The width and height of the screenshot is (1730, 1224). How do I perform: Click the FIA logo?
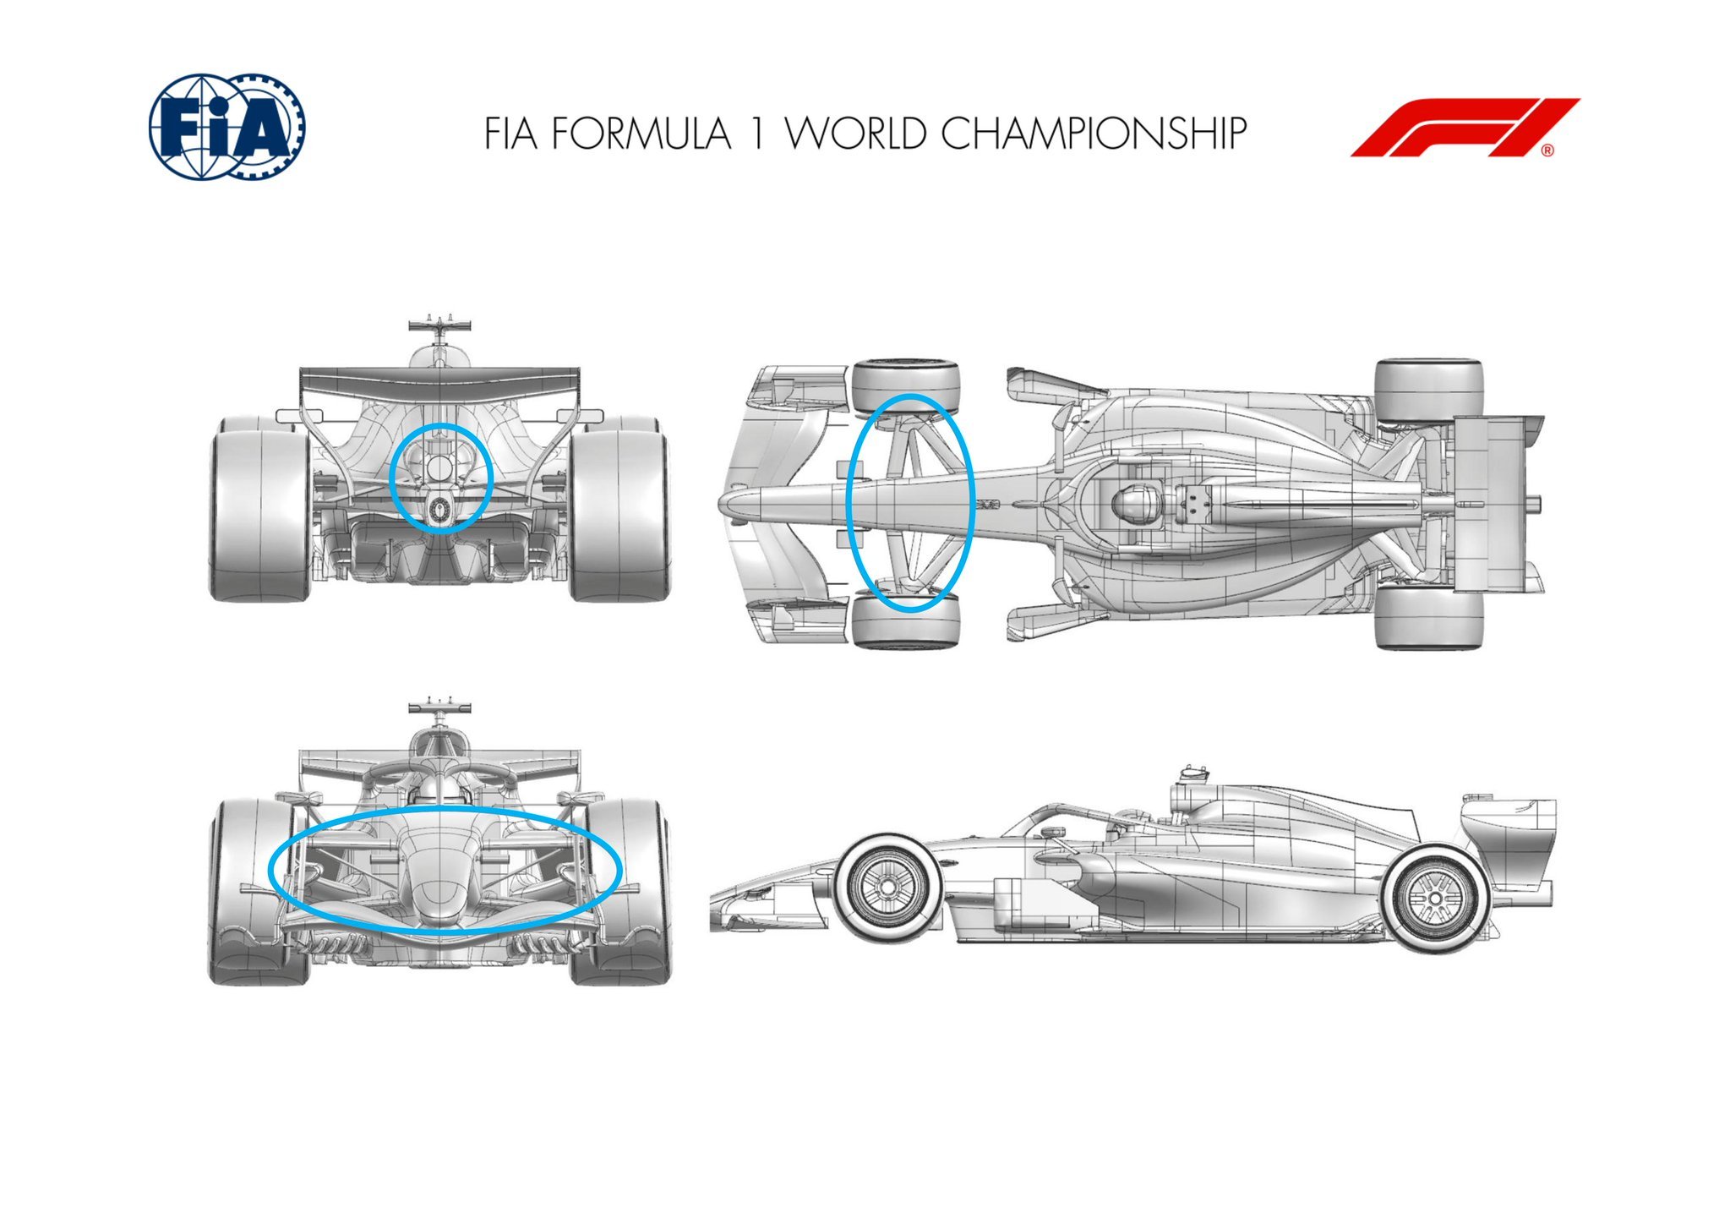[226, 127]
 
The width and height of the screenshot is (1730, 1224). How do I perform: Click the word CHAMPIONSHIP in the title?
[1094, 134]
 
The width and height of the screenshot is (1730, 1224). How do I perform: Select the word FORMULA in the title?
[641, 134]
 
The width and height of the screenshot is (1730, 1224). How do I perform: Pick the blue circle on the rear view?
[441, 478]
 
